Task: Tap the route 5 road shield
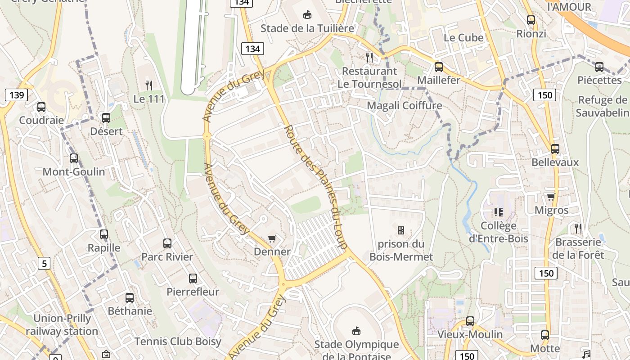[x=44, y=263]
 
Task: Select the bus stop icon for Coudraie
[x=41, y=107]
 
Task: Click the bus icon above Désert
[x=106, y=118]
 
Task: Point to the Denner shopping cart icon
[x=272, y=238]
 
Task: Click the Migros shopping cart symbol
[x=551, y=197]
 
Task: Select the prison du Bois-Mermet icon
[x=401, y=230]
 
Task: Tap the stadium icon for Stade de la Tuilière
[x=307, y=15]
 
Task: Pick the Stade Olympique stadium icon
[x=356, y=331]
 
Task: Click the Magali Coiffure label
[x=404, y=106]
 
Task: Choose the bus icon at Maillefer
[x=439, y=67]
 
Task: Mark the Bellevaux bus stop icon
[x=555, y=149]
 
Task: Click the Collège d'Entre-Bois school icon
[x=498, y=212]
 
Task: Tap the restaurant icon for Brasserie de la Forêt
[x=578, y=229]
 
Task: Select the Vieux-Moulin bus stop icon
[x=470, y=321]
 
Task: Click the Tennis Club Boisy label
[x=178, y=342]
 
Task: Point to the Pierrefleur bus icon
[x=193, y=279]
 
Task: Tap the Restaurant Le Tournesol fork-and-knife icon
[x=369, y=57]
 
